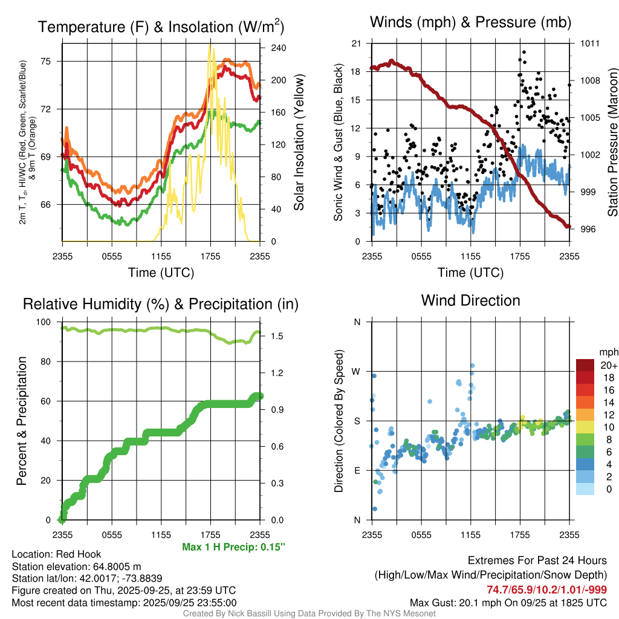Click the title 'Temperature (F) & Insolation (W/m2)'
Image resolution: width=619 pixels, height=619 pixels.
click(161, 27)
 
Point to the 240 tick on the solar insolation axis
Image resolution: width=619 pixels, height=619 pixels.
click(270, 48)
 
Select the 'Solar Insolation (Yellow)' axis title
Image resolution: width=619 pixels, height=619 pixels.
click(299, 143)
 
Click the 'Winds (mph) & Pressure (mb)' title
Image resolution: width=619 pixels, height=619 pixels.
click(470, 23)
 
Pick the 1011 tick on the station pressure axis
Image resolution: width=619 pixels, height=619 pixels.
click(590, 44)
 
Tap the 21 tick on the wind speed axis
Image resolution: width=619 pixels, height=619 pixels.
click(355, 44)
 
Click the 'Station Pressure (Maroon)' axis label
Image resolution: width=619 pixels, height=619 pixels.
click(612, 143)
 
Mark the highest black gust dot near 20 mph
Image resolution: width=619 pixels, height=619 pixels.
click(524, 53)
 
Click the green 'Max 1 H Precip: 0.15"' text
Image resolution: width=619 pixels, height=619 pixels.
click(233, 547)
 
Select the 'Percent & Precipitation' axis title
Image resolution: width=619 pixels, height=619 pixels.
click(22, 421)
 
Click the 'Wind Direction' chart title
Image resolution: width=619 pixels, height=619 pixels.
click(470, 300)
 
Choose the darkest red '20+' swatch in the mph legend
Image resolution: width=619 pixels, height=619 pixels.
click(585, 365)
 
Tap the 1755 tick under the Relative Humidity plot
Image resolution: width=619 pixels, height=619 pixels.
click(210, 534)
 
